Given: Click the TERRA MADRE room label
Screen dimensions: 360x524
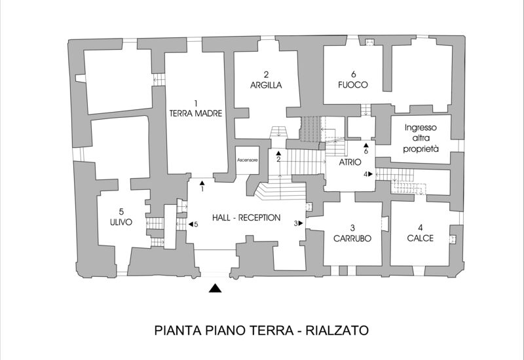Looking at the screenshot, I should coord(196,113).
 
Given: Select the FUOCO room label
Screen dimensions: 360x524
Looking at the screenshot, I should coord(353,85).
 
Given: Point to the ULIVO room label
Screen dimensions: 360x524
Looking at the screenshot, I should coord(121,222).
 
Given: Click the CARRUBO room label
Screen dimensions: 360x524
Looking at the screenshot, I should coord(352,238).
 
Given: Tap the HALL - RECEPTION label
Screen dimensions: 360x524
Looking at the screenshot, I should coord(246,218).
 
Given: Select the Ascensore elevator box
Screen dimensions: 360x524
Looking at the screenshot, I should coord(247,160).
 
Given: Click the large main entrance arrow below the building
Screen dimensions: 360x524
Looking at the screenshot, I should coord(215,288).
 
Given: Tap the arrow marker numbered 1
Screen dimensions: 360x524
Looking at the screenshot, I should coord(202,183).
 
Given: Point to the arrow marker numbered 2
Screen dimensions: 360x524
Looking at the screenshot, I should coord(278,153).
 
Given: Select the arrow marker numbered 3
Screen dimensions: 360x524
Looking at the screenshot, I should coord(302,223).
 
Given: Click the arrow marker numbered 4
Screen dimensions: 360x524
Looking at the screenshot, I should coord(371,174).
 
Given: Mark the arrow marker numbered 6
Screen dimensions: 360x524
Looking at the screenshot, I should coord(366,145).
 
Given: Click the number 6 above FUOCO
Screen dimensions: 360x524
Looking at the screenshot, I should coord(353,74).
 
